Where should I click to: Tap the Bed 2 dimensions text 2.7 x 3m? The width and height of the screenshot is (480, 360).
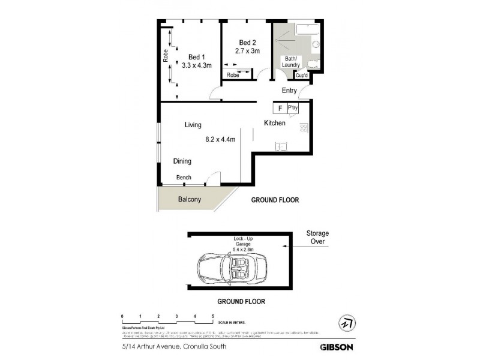tap(248, 52)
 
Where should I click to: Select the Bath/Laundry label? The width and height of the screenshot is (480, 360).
tap(292, 61)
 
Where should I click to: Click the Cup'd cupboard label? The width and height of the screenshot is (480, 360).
tap(301, 76)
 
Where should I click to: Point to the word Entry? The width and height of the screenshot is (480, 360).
tap(290, 91)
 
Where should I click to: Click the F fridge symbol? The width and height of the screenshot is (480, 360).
tap(280, 109)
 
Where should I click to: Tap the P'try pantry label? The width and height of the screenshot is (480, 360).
tap(293, 108)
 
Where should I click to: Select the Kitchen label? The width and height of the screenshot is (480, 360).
tap(275, 123)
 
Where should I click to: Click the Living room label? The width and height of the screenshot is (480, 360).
tap(193, 125)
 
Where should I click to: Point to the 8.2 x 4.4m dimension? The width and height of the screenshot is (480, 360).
tap(220, 140)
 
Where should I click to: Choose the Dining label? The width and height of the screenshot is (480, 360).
tap(182, 161)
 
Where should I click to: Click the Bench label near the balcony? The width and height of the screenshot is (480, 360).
tap(184, 178)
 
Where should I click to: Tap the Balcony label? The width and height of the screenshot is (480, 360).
tap(189, 200)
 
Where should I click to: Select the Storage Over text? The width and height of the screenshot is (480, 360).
tap(317, 237)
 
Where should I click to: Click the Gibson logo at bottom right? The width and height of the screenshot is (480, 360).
tap(336, 346)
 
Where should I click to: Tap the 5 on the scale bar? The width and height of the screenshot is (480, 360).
tap(212, 316)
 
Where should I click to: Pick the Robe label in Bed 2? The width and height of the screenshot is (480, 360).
tap(232, 75)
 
